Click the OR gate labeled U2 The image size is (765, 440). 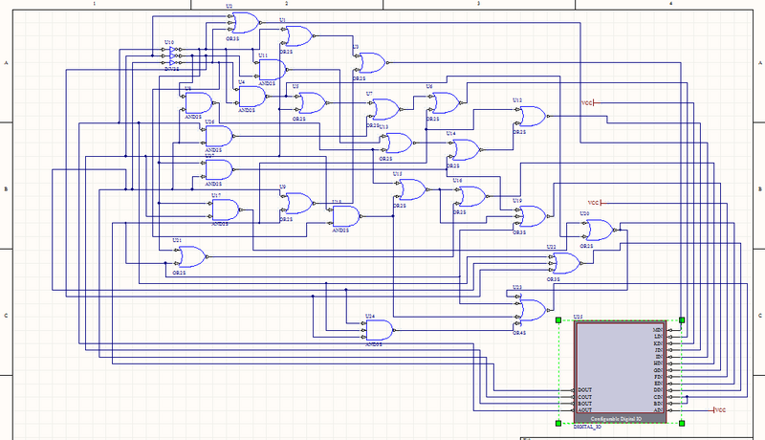tap(247, 22)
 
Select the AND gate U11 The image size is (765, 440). tap(272, 69)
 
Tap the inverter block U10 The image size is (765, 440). tap(173, 55)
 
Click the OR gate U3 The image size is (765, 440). tap(371, 62)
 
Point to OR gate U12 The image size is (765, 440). tap(532, 117)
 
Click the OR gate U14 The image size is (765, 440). tap(466, 148)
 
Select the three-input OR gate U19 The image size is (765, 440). tap(531, 216)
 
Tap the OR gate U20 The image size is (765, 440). tap(600, 229)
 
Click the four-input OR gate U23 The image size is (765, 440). tap(531, 308)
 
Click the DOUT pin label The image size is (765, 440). tap(586, 390)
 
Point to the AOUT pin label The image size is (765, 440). tap(586, 410)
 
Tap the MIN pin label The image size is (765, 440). tap(658, 330)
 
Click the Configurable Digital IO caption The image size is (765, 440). tap(620, 419)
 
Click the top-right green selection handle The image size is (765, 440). tap(683, 320)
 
